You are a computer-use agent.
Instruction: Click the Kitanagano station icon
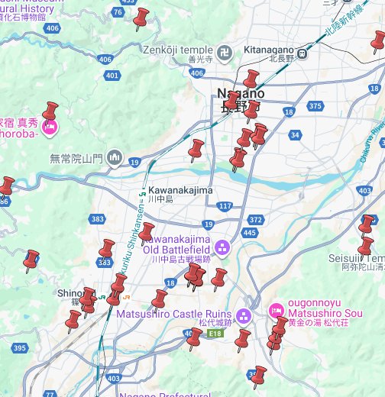303,53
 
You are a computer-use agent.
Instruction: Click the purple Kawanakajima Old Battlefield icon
222,247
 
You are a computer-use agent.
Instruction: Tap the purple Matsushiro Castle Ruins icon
243,315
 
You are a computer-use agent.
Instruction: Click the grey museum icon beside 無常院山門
115,158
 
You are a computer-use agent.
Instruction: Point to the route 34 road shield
295,135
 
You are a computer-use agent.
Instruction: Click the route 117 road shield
224,206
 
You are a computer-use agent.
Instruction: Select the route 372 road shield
256,220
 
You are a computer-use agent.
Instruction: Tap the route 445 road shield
250,232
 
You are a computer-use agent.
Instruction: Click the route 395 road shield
20,348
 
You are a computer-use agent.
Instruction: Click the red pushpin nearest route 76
141,18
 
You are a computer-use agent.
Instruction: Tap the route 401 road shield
112,76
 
